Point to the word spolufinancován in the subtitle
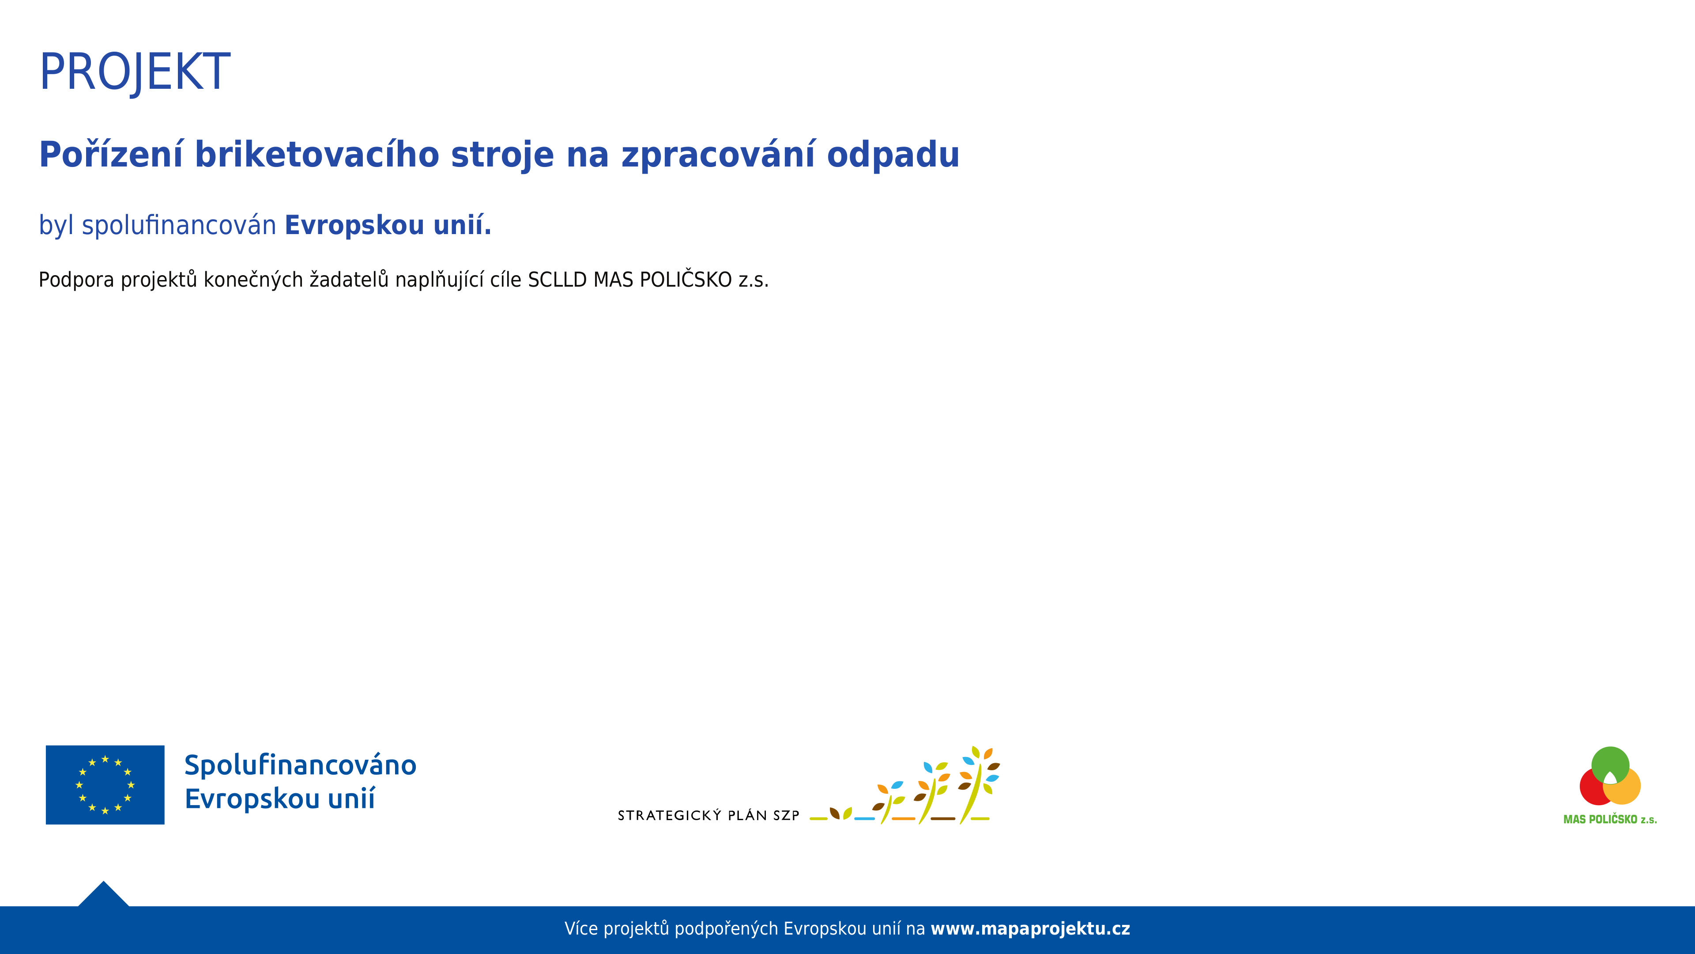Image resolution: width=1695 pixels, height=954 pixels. coord(179,225)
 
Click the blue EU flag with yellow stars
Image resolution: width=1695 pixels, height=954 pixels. coord(105,785)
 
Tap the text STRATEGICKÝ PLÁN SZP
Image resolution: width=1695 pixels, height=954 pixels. coord(708,816)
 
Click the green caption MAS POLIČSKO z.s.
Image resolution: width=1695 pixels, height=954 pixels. coord(1610,820)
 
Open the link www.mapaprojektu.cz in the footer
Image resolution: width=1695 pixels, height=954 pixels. coord(1030,929)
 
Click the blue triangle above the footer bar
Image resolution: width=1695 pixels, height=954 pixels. coord(103,897)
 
